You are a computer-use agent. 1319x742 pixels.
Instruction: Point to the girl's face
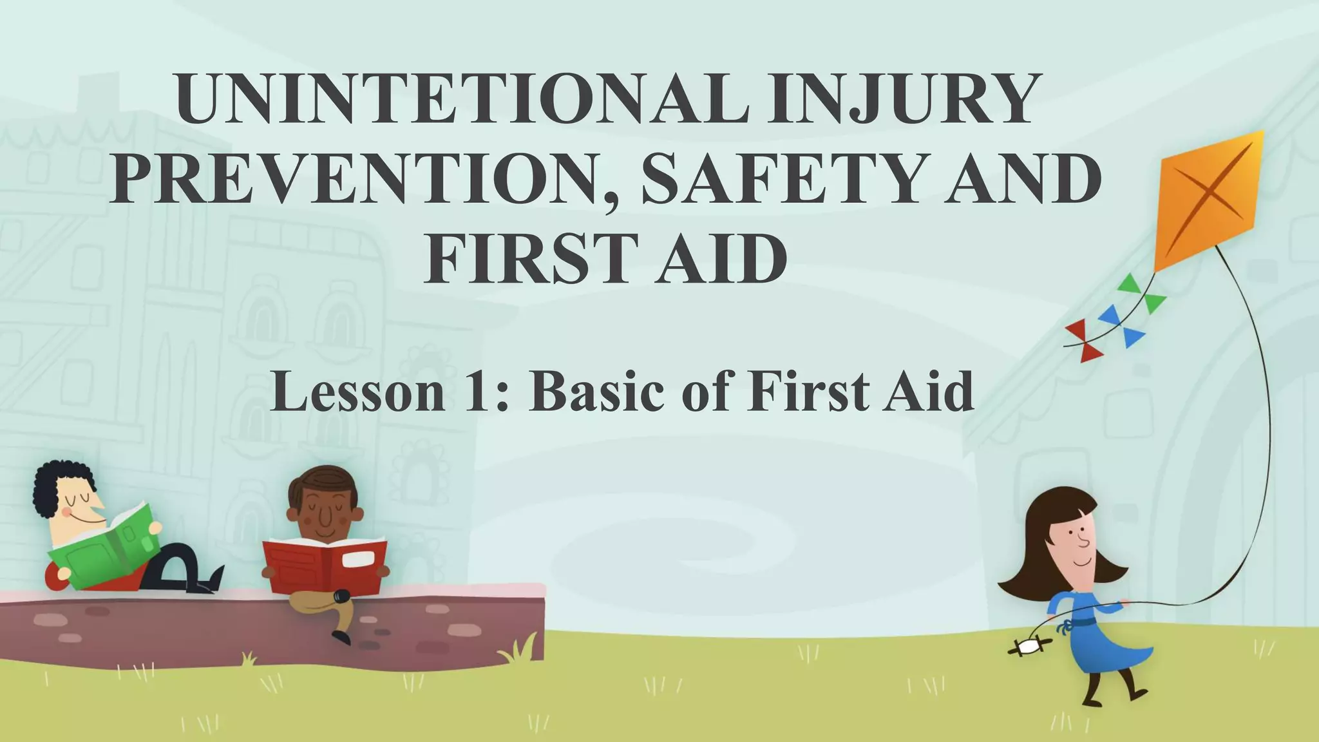point(1072,541)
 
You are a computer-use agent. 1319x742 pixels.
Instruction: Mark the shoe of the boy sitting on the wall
point(342,638)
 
